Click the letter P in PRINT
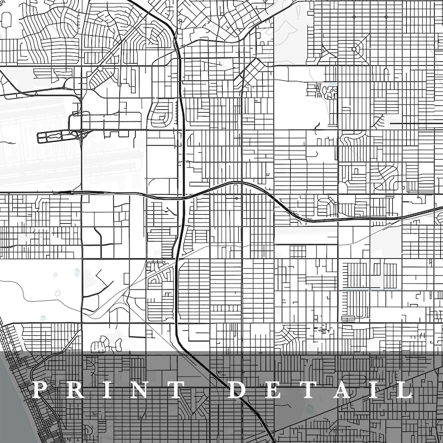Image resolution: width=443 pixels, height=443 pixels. [38, 389]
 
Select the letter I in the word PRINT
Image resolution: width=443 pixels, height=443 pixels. [103, 389]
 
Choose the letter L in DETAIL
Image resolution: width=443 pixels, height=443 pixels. [404, 389]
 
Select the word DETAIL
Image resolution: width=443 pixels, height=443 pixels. [321, 389]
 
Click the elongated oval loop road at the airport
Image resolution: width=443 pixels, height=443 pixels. [56, 137]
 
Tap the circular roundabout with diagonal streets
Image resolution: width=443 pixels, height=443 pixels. [354, 50]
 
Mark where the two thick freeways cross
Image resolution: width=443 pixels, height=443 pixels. [183, 196]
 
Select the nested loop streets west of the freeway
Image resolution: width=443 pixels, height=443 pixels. [162, 114]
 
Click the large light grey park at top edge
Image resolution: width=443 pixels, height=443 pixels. [290, 33]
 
